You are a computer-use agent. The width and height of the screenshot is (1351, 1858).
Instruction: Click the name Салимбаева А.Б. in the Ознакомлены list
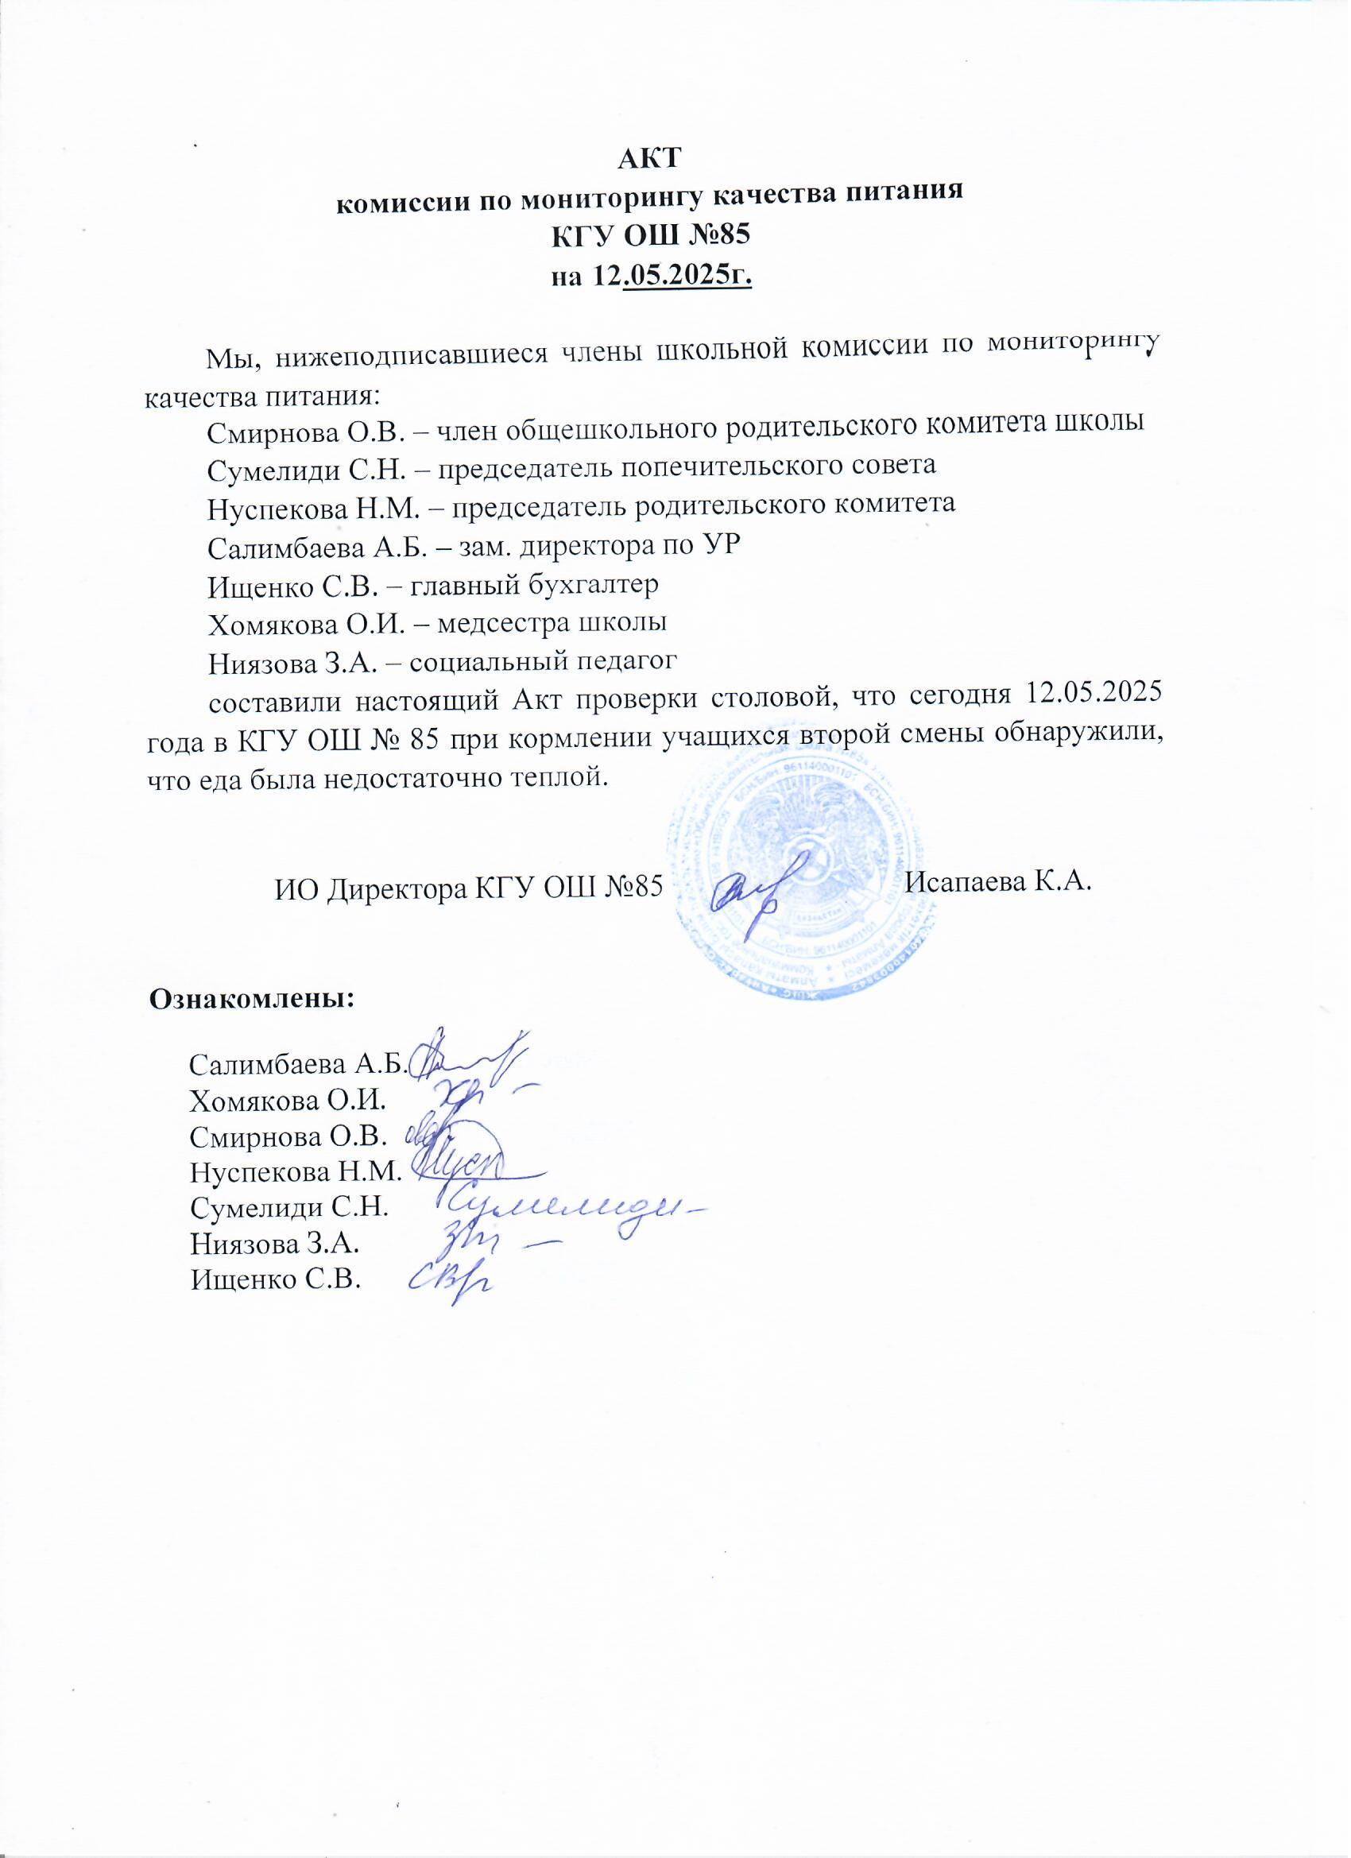[297, 1064]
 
